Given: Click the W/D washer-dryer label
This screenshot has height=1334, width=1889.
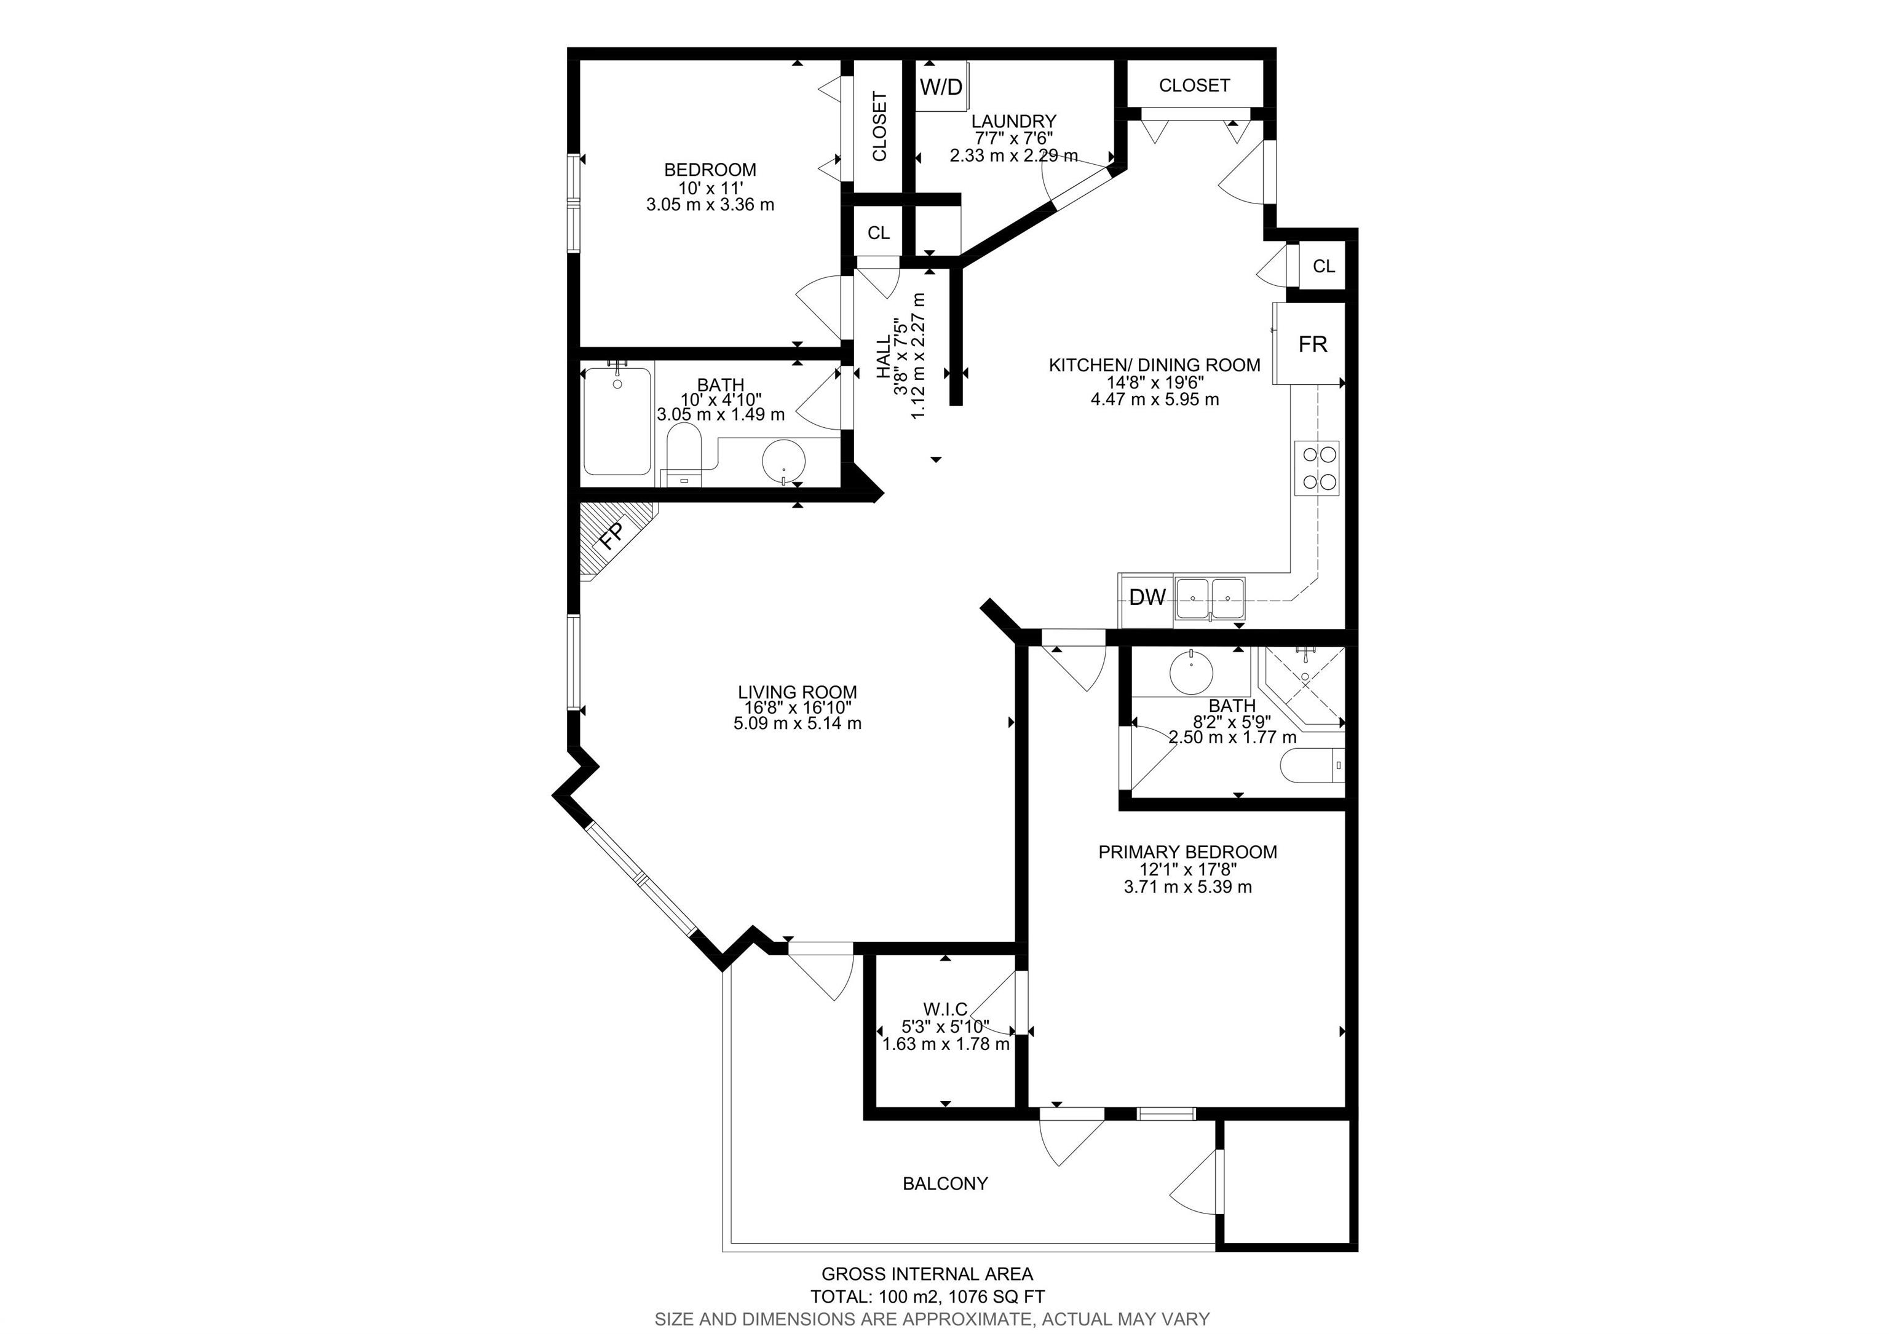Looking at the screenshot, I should point(940,85).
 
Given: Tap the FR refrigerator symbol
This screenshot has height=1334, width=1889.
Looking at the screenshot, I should point(1312,344).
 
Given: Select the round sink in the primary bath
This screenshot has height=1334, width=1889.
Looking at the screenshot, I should point(1190,670).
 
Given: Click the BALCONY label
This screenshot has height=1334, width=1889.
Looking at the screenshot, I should point(944,1183).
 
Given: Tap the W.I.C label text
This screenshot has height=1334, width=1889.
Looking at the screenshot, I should point(944,1009).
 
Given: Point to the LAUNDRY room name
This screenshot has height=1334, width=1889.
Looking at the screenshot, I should point(1013,122).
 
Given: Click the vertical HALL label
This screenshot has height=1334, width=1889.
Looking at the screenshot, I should point(883,356).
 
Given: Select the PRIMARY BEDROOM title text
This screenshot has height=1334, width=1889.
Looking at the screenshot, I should point(1187,852).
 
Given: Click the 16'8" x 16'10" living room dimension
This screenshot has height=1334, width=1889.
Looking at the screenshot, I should point(796,708).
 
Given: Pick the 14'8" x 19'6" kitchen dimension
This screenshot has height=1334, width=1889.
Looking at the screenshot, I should point(1154,382).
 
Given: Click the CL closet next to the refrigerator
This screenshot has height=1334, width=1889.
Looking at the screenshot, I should point(1323,266).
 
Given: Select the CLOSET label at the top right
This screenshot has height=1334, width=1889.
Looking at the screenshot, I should point(1194,85).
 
